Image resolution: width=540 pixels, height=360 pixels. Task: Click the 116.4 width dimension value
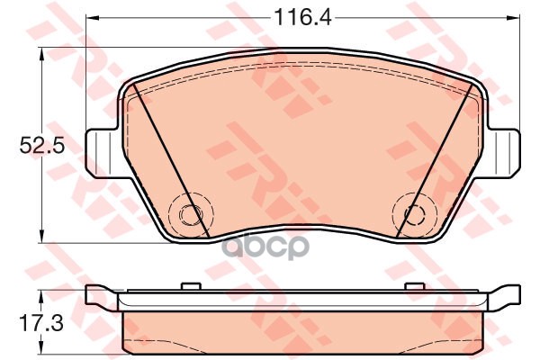[x=302, y=17]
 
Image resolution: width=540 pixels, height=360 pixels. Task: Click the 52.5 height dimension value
[x=42, y=145]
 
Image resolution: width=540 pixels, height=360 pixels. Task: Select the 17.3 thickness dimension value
[x=41, y=323]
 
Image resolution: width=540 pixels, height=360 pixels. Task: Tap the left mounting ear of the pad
[x=103, y=153]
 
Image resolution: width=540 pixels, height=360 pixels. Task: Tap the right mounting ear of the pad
[x=504, y=153]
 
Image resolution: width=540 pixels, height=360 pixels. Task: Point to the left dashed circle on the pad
[x=191, y=215]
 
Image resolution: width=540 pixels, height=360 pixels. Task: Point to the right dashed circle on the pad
[x=415, y=215]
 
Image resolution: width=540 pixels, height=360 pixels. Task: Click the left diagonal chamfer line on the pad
[x=171, y=159]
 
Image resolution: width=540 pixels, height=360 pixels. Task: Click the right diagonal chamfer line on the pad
[x=435, y=160]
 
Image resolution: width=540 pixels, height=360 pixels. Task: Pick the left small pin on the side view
[x=191, y=286]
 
